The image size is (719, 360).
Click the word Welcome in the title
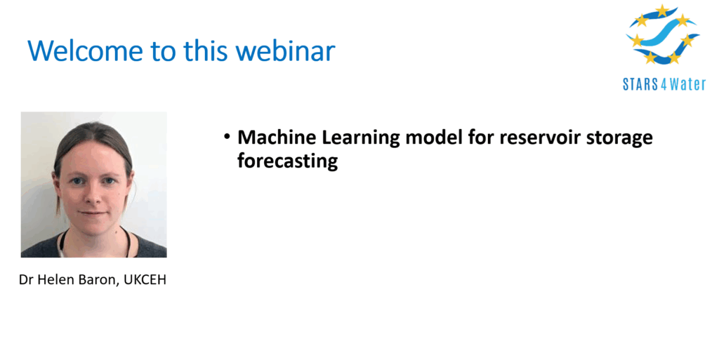(85, 50)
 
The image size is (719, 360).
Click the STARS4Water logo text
(664, 84)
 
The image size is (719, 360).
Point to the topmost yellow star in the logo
(661, 11)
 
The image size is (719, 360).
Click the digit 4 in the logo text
(664, 84)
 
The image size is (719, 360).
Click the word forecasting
(287, 161)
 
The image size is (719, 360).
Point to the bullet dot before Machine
(227, 136)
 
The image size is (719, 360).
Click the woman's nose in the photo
(93, 194)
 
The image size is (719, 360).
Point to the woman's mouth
(93, 213)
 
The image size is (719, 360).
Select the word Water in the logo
(687, 84)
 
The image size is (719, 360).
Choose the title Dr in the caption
(26, 280)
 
